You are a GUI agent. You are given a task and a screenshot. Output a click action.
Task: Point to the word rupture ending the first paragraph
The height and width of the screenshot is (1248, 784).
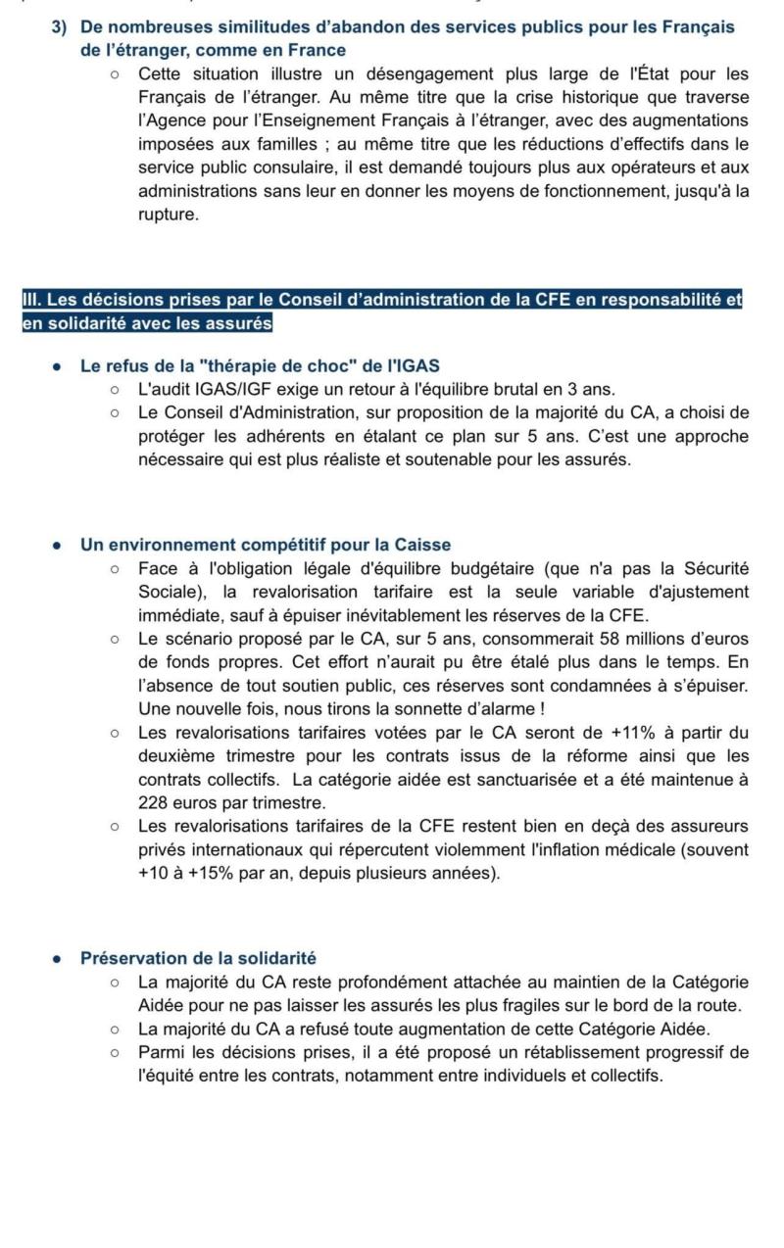point(168,214)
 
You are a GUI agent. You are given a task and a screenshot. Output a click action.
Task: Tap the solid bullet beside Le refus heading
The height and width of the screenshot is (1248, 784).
point(58,367)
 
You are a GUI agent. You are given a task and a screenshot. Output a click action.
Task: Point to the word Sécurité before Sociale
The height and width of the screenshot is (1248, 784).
point(711,568)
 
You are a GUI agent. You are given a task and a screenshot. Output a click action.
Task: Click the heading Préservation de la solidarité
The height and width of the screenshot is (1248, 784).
point(198,958)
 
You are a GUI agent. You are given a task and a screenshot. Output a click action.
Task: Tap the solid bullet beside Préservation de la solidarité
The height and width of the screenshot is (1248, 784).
point(58,959)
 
